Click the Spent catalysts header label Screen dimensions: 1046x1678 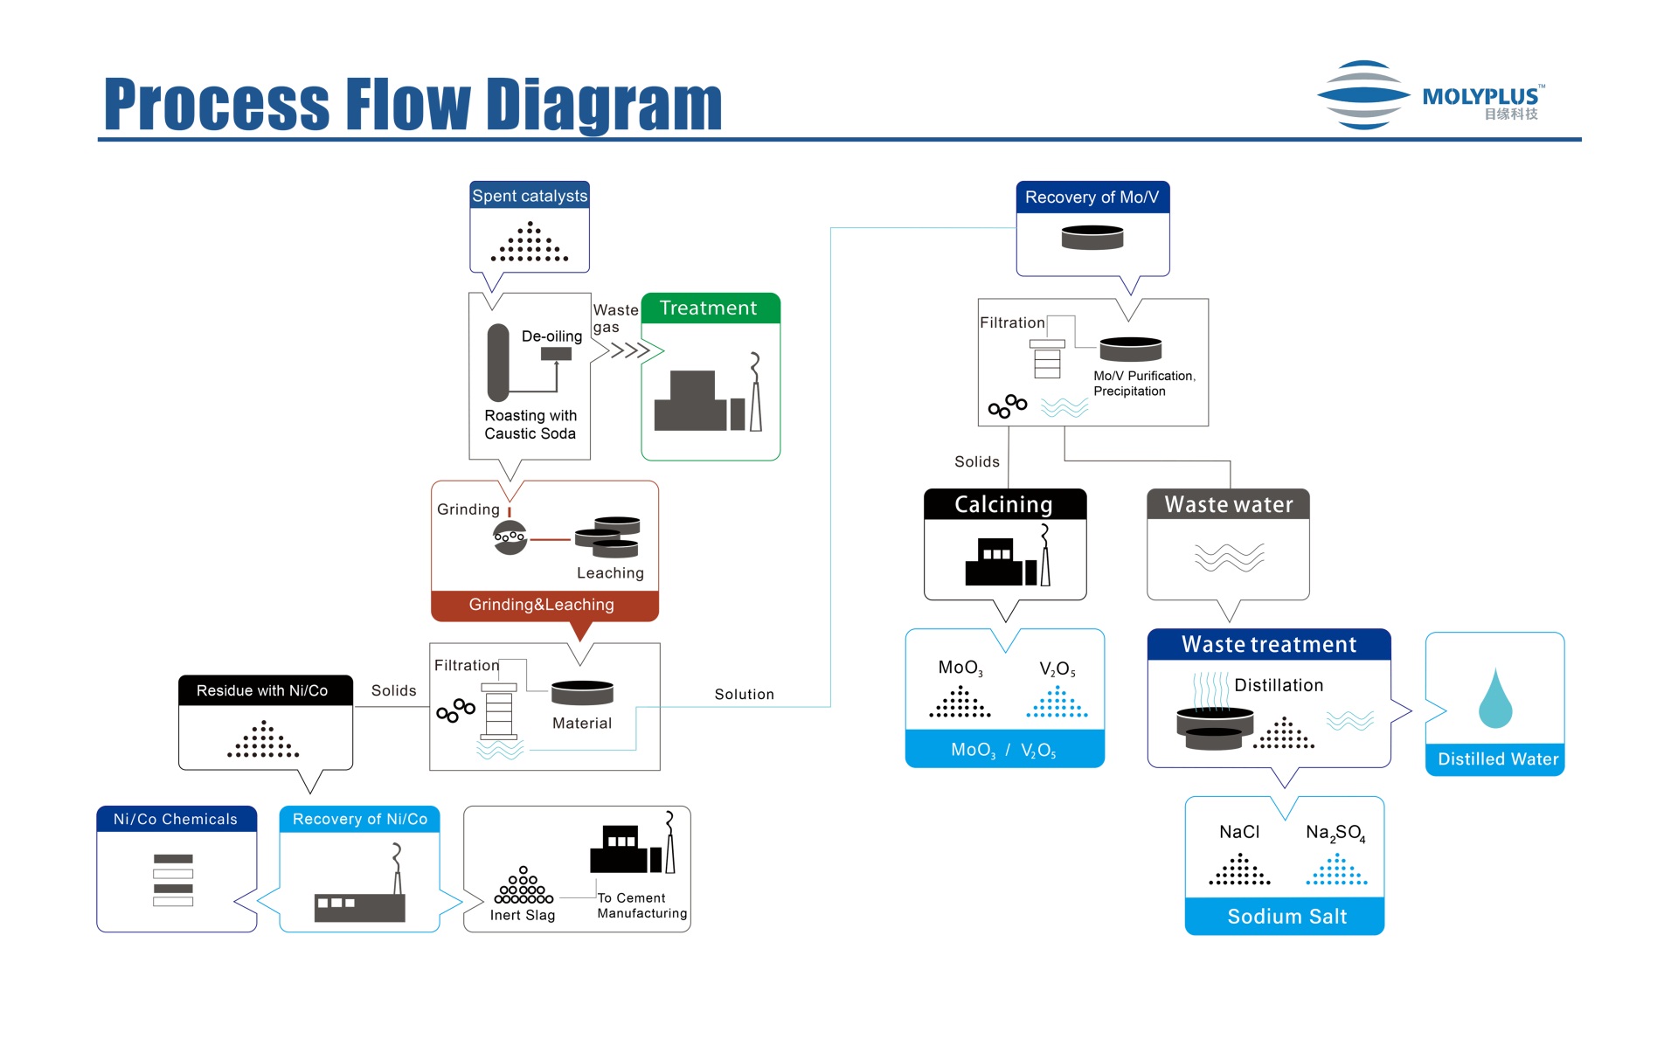click(x=530, y=196)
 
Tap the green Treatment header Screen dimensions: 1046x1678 click(x=708, y=308)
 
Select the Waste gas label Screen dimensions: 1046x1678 click(x=614, y=318)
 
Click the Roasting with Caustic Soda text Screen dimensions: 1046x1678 click(x=530, y=425)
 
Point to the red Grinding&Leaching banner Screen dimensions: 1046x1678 click(x=542, y=605)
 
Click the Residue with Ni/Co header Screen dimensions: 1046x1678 click(x=262, y=690)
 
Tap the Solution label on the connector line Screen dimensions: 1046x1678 click(x=744, y=695)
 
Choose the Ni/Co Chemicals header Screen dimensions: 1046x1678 click(x=176, y=819)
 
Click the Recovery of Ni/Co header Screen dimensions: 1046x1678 click(x=360, y=819)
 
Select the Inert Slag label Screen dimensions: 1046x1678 click(x=523, y=915)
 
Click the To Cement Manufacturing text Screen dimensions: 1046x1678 click(x=641, y=905)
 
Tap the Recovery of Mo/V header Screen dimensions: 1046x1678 click(x=1092, y=197)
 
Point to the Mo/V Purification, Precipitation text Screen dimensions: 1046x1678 click(x=1143, y=384)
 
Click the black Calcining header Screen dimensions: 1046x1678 click(x=1003, y=504)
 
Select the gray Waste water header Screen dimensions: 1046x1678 click(x=1228, y=504)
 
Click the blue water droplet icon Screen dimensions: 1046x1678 click(x=1494, y=699)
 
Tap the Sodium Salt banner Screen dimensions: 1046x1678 click(x=1286, y=917)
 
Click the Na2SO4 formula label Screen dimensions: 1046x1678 click(x=1335, y=833)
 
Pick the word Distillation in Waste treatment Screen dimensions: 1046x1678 click(x=1279, y=686)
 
